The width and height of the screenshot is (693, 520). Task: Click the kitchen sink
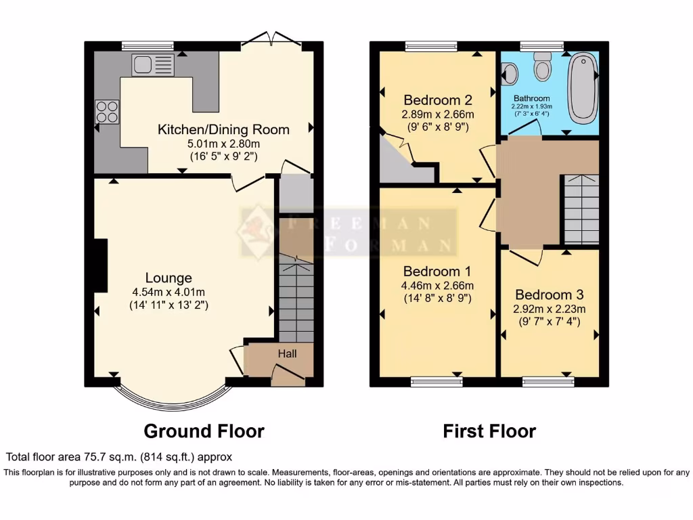(x=153, y=65)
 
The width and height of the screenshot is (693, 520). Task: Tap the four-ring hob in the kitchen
(x=107, y=111)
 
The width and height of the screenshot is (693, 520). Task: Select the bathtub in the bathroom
(x=582, y=89)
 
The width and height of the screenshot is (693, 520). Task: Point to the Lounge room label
(x=169, y=278)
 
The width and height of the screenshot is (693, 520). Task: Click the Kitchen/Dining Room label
(x=223, y=129)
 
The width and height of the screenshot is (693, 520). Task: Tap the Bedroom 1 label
(x=437, y=271)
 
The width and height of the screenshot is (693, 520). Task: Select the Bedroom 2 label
(x=437, y=101)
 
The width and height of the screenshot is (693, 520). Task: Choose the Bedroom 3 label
(x=549, y=295)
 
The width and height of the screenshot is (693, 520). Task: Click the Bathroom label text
(x=531, y=98)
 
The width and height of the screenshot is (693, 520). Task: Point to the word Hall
(x=287, y=353)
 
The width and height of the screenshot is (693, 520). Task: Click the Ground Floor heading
(x=204, y=431)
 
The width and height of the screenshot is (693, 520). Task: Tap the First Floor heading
(x=489, y=431)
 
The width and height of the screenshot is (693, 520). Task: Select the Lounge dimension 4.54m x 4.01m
(x=169, y=292)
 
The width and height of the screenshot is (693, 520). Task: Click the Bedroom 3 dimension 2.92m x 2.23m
(x=549, y=309)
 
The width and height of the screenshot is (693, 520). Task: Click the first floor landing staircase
(x=581, y=210)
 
